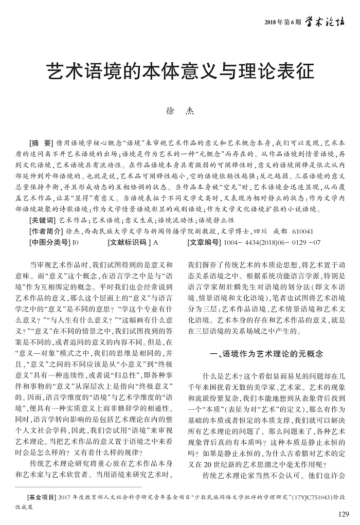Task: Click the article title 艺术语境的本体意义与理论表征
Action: click(x=180, y=71)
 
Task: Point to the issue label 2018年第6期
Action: click(x=282, y=22)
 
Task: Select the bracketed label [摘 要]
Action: click(x=42, y=142)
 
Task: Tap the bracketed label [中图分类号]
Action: click(x=49, y=242)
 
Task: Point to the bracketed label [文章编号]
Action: click(x=208, y=242)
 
